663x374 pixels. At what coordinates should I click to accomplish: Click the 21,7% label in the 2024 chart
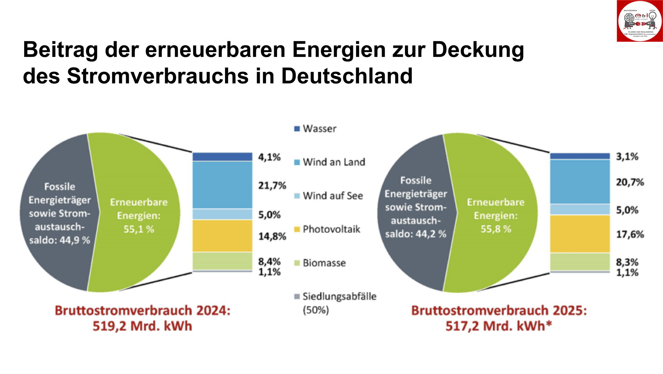pyautogui.click(x=272, y=186)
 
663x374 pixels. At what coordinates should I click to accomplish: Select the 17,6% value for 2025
pyautogui.click(x=630, y=234)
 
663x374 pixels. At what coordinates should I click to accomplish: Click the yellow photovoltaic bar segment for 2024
pyautogui.click(x=222, y=236)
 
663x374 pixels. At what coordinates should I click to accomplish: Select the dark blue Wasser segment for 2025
pyautogui.click(x=580, y=156)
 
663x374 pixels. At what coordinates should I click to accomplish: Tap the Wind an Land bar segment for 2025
pyautogui.click(x=580, y=182)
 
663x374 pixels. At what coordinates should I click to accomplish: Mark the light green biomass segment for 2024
pyautogui.click(x=222, y=261)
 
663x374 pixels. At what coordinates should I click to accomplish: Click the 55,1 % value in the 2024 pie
pyautogui.click(x=139, y=229)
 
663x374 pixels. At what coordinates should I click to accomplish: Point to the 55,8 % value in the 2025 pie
pyautogui.click(x=496, y=229)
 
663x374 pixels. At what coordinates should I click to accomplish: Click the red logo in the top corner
pyautogui.click(x=640, y=21)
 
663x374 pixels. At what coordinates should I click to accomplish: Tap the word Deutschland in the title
pyautogui.click(x=347, y=76)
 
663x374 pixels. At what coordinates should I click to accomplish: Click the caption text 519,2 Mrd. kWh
pyautogui.click(x=142, y=326)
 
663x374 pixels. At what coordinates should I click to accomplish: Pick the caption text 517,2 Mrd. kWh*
pyautogui.click(x=499, y=326)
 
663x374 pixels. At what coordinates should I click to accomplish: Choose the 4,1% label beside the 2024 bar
pyautogui.click(x=269, y=157)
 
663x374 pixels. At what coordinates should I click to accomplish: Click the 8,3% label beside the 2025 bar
pyautogui.click(x=627, y=262)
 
